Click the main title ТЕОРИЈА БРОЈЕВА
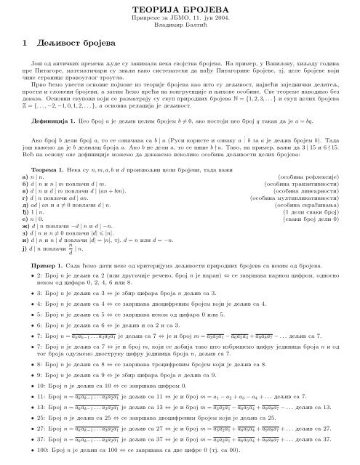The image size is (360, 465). click(x=180, y=9)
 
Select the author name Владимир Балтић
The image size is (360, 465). click(x=180, y=28)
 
